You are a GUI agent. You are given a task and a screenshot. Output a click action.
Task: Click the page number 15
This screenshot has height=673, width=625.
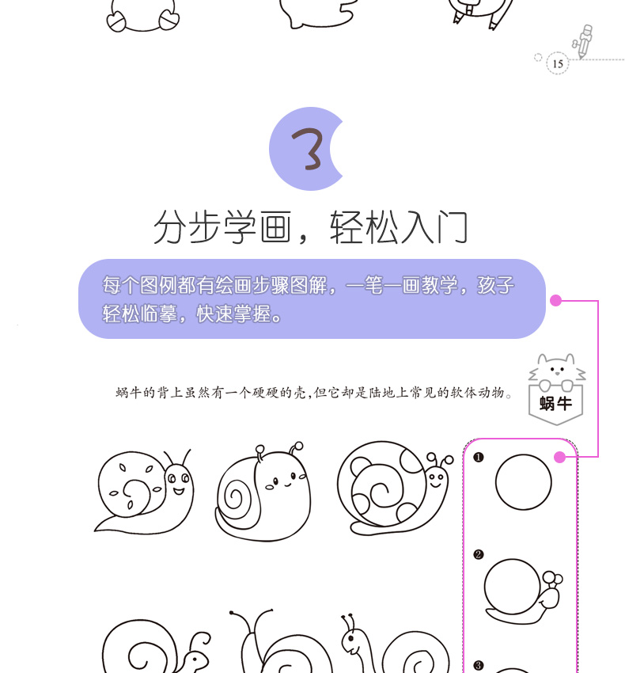click(x=557, y=64)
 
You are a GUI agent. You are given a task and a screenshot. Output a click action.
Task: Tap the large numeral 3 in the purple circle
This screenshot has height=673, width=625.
click(x=308, y=149)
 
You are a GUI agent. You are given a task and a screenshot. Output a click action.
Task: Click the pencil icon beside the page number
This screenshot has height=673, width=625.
click(x=583, y=41)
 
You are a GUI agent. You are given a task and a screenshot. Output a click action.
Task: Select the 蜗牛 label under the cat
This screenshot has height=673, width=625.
click(x=555, y=404)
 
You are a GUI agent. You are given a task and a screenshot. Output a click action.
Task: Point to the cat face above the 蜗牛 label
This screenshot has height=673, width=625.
click(x=557, y=368)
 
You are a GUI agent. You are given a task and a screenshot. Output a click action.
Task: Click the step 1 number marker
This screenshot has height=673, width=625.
click(x=479, y=457)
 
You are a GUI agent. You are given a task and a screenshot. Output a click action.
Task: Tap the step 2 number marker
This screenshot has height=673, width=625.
click(x=479, y=554)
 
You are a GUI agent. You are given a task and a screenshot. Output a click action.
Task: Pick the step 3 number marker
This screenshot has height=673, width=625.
click(x=479, y=666)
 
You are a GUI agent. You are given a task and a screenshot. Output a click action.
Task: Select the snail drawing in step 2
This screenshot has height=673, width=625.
click(x=523, y=591)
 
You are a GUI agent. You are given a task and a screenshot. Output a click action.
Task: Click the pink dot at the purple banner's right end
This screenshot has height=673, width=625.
click(x=555, y=300)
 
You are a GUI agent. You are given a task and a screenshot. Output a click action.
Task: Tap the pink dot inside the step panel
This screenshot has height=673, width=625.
click(x=559, y=458)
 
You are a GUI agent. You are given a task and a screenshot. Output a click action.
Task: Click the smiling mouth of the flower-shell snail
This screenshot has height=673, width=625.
click(x=179, y=491)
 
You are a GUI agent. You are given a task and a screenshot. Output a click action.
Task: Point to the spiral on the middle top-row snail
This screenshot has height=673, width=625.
click(x=234, y=497)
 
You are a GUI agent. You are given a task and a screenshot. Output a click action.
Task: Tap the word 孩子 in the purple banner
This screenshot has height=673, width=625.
click(x=495, y=285)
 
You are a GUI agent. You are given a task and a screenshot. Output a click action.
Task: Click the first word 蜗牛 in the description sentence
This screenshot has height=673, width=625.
click(x=128, y=392)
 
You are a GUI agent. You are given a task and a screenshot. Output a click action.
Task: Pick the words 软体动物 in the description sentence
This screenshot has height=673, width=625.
click(x=477, y=392)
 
